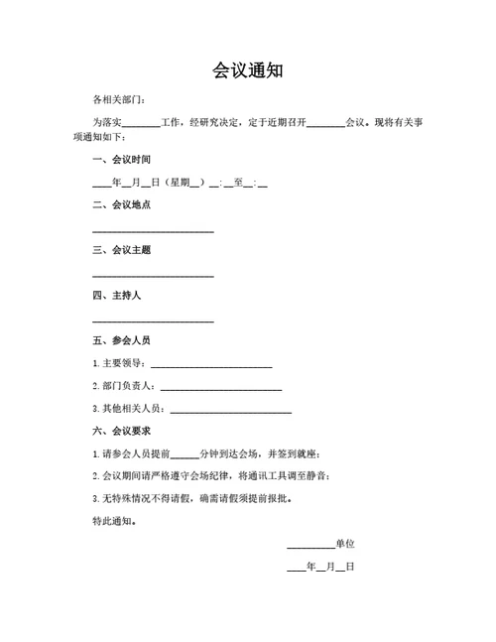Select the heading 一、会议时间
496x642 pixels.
click(121, 160)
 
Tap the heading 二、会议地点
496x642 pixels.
click(121, 204)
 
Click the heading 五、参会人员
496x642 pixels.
click(121, 340)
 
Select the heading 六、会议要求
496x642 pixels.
click(121, 431)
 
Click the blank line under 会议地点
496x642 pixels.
click(153, 230)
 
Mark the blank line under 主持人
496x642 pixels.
click(153, 321)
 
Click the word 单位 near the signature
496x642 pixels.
click(345, 544)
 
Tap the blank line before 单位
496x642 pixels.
click(310, 547)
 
